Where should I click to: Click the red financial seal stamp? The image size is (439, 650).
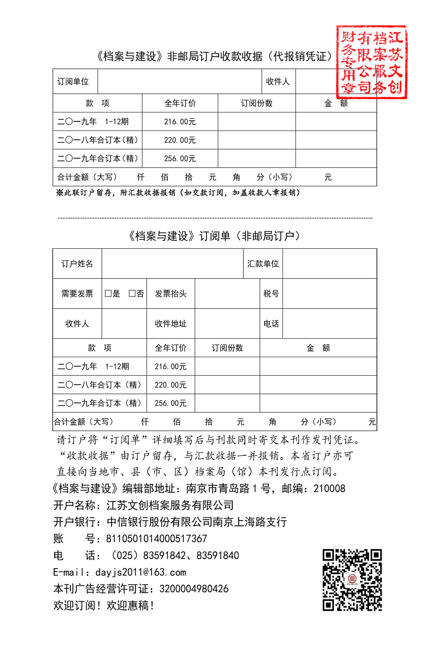pyautogui.click(x=371, y=62)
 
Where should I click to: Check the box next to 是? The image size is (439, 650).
pyautogui.click(x=108, y=293)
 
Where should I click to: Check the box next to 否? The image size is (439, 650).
pyautogui.click(x=132, y=293)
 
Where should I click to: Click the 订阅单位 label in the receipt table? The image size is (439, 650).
pyautogui.click(x=73, y=81)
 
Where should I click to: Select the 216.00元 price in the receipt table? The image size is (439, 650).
pyautogui.click(x=180, y=122)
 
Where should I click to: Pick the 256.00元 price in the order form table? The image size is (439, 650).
pyautogui.click(x=170, y=403)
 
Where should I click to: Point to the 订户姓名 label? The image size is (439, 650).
pyautogui.click(x=77, y=263)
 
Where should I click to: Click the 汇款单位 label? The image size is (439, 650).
pyautogui.click(x=263, y=263)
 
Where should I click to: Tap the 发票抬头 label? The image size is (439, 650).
pyautogui.click(x=170, y=293)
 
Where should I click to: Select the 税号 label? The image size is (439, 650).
pyautogui.click(x=271, y=293)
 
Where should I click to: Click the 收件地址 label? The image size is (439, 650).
pyautogui.click(x=170, y=324)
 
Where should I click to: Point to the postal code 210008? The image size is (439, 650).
pyautogui.click(x=329, y=489)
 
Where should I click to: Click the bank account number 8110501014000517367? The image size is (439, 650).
pyautogui.click(x=157, y=538)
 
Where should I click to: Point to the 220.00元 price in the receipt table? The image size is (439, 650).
pyautogui.click(x=180, y=140)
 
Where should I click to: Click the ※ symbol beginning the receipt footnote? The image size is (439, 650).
pyautogui.click(x=59, y=193)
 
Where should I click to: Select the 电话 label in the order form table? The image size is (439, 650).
pyautogui.click(x=271, y=324)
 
